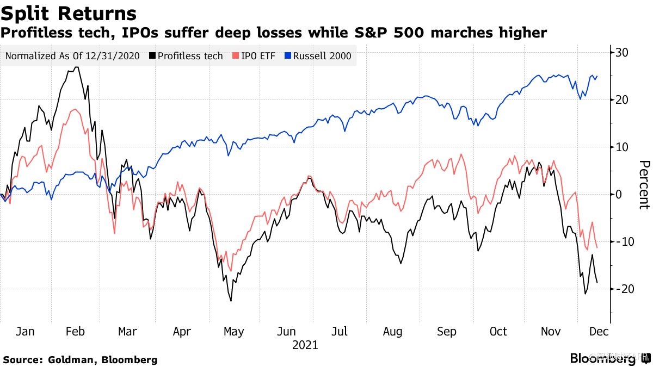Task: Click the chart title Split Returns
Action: tap(69, 13)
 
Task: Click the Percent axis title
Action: tap(644, 184)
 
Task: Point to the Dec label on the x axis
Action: tap(599, 331)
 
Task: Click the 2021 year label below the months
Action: tap(305, 345)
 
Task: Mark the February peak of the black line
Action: tap(77, 67)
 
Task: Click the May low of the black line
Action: tap(231, 301)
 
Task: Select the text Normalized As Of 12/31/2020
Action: tap(72, 56)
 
